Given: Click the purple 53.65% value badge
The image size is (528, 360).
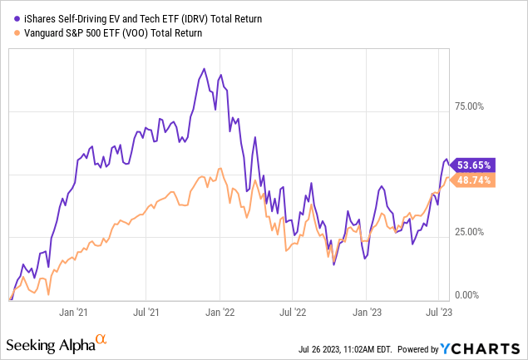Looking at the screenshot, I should coord(475,164).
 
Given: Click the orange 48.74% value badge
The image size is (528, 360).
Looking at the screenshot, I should coord(475,180).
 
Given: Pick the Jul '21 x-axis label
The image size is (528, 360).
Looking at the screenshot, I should coord(146,313).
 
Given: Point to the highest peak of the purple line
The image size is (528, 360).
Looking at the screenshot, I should coord(205,68).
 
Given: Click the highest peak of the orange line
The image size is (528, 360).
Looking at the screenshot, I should coord(220,169).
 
